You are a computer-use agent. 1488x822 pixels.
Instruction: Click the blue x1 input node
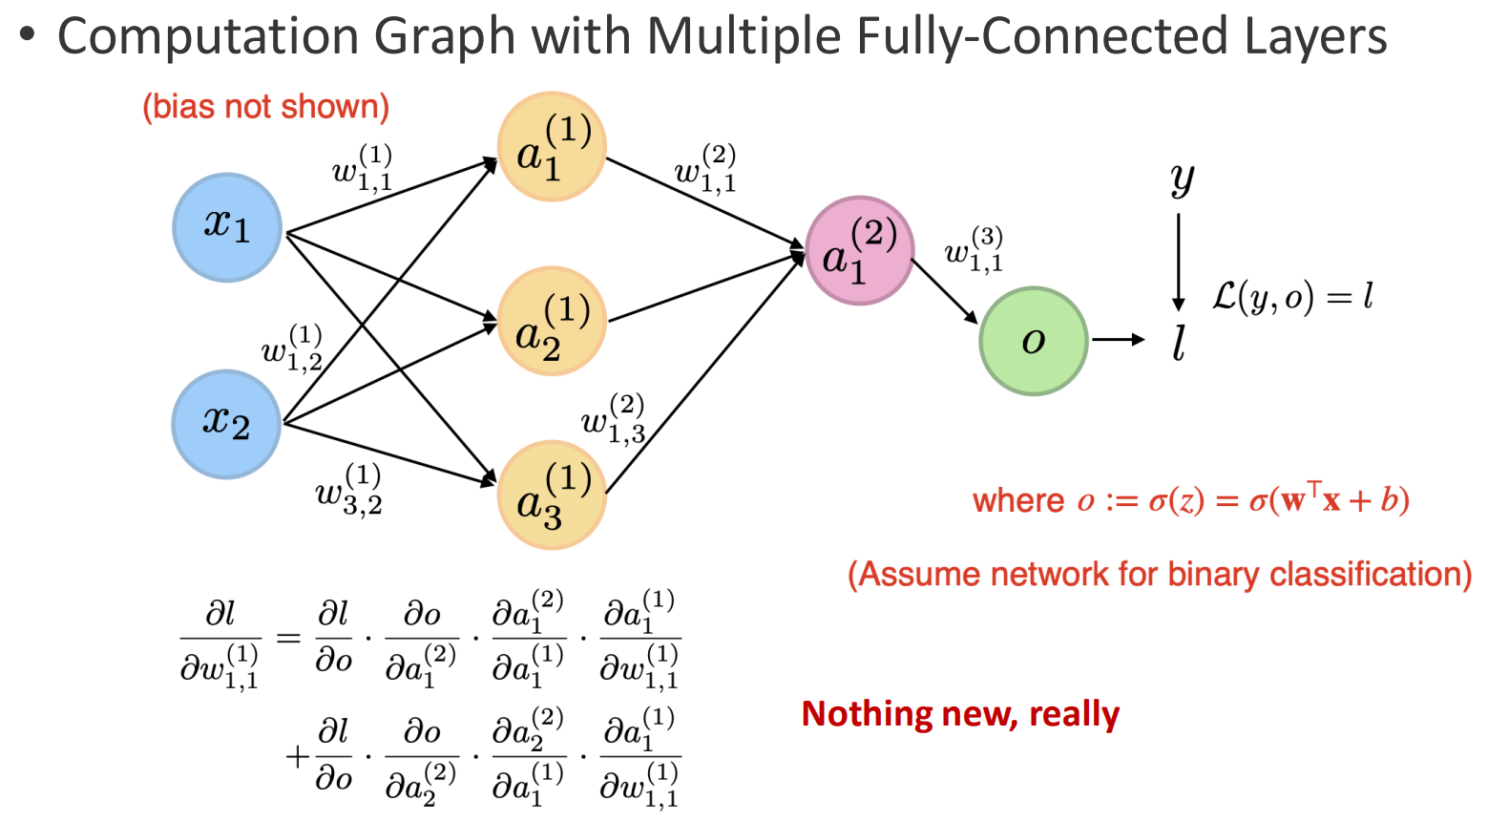(227, 227)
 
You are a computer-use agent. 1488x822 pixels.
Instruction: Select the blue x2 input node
(226, 423)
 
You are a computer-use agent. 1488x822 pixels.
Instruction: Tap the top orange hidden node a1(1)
(552, 147)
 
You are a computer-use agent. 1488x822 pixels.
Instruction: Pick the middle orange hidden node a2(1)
(552, 322)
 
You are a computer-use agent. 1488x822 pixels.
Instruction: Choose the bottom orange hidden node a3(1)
(552, 495)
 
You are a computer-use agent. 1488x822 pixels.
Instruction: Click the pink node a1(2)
(859, 250)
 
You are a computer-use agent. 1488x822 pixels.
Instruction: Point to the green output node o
(1034, 341)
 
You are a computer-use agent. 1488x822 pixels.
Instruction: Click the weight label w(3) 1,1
(975, 250)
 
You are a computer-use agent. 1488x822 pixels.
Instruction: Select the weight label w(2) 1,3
(614, 419)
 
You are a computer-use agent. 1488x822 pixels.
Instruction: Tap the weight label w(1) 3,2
(349, 489)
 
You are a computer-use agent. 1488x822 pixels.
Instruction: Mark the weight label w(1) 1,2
(292, 348)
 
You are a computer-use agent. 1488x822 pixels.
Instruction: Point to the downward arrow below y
(1179, 263)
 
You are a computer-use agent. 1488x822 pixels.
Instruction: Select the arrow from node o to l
(1118, 340)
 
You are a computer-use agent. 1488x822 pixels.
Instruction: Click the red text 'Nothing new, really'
(960, 714)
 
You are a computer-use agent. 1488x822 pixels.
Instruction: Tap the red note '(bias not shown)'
(266, 107)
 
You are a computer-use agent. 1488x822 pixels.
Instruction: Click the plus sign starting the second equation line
(297, 757)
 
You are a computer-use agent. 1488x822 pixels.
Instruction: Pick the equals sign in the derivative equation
(288, 637)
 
